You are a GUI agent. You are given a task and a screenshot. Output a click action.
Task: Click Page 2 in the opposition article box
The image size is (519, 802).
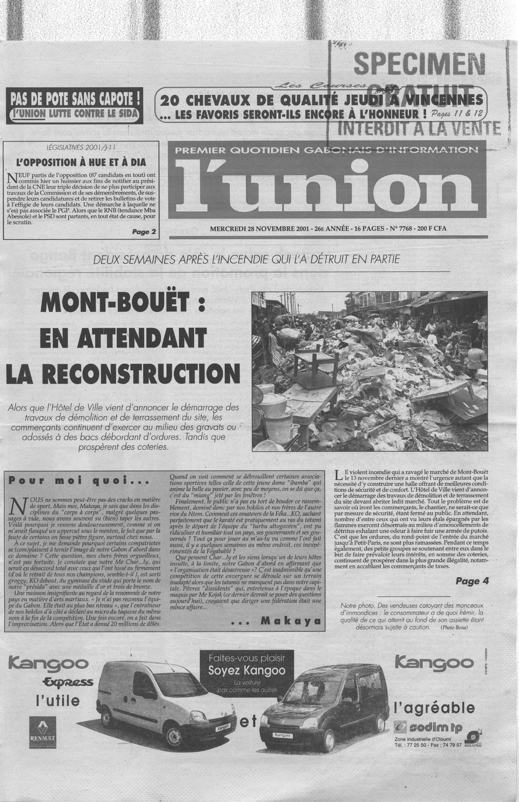(x=144, y=232)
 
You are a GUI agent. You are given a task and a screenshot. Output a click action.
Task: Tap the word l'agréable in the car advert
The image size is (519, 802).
(x=434, y=707)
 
